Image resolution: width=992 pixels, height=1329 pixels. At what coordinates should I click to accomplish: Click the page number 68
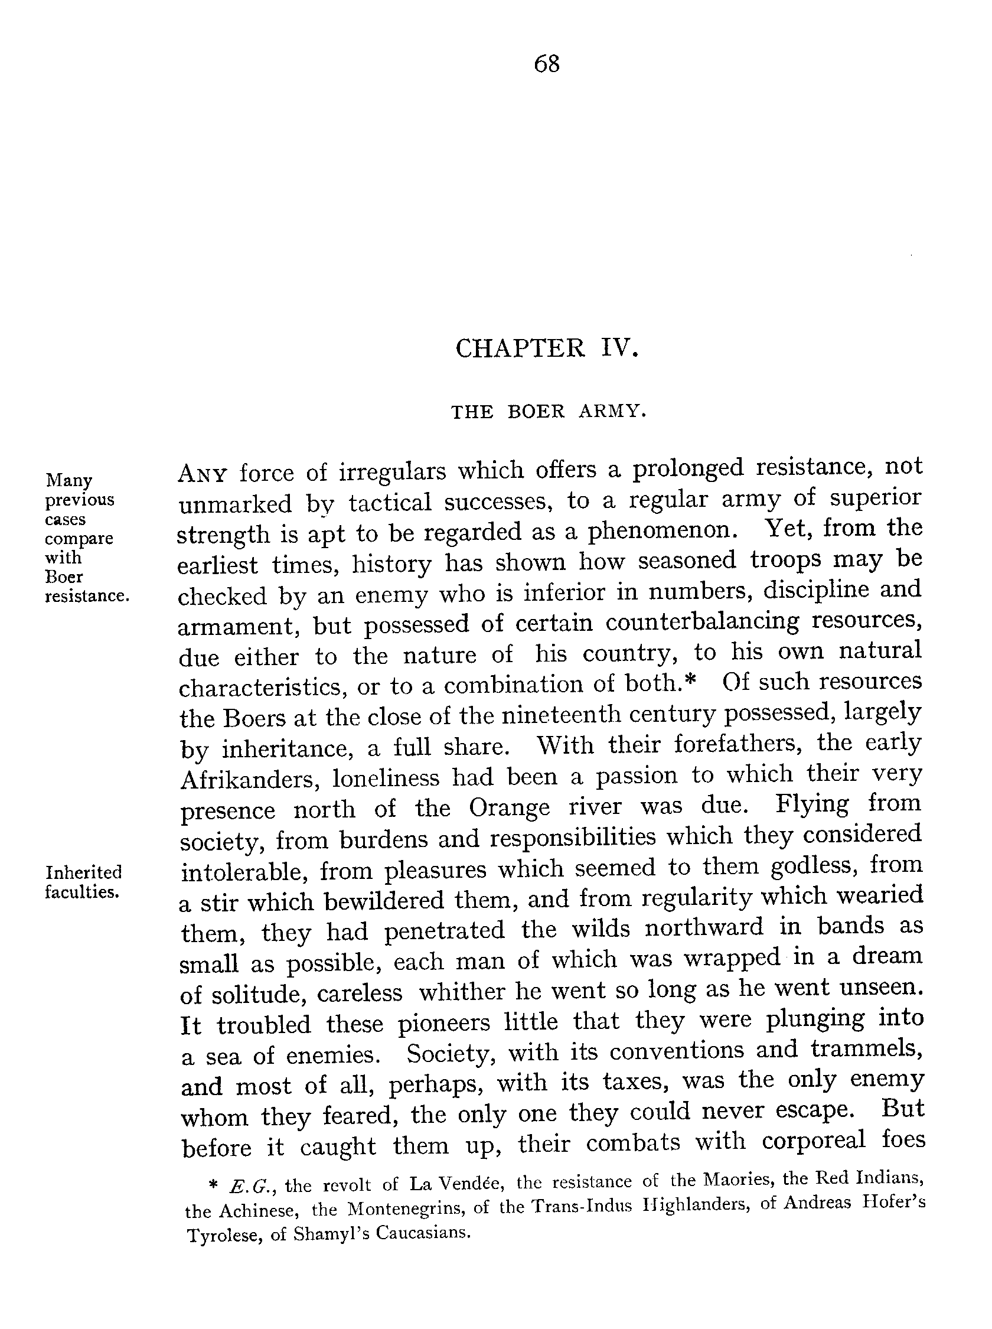546,64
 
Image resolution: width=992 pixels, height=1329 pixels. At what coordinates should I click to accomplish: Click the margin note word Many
69,480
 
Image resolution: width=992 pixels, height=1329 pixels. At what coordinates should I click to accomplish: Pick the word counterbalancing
702,622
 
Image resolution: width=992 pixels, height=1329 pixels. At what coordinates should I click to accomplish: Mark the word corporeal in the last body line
814,1141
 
